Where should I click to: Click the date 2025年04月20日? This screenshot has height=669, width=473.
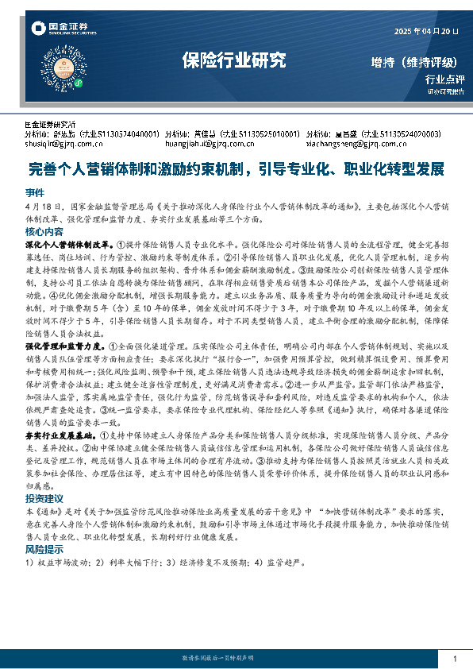coord(426,31)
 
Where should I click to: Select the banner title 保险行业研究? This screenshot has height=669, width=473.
coord(233,60)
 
